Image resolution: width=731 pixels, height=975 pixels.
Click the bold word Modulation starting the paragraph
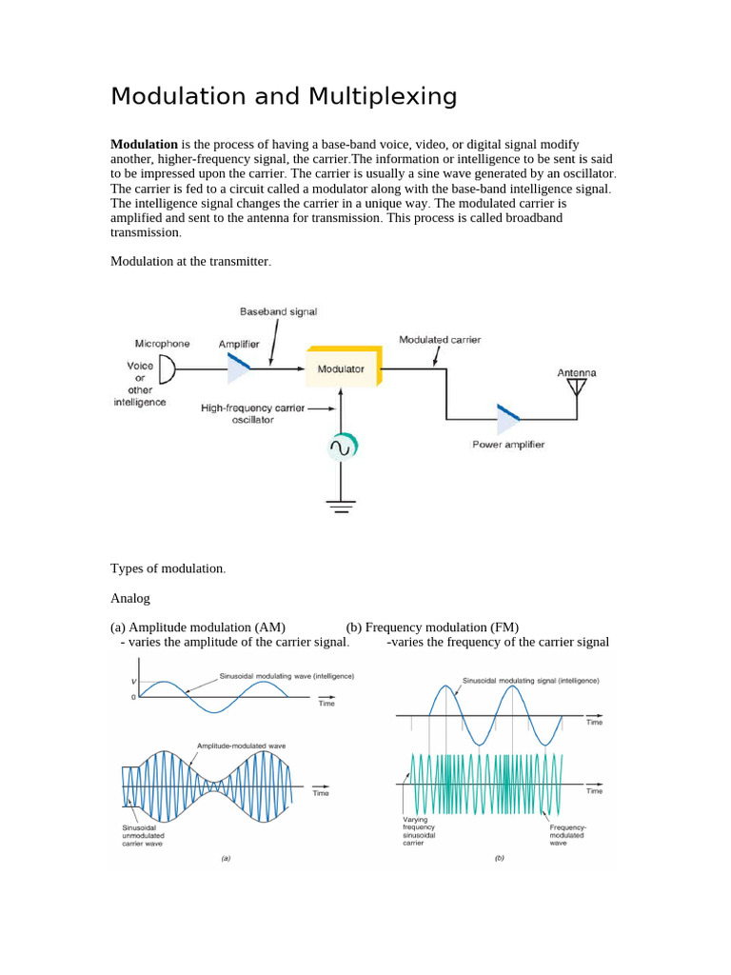pos(145,144)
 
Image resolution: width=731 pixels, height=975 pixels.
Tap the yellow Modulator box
pos(343,368)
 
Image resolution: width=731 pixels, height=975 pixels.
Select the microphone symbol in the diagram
pos(166,368)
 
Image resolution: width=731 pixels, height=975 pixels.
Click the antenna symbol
pos(576,388)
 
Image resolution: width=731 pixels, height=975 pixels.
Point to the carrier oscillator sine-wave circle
pos(341,446)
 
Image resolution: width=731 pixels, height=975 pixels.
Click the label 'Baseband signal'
pos(278,311)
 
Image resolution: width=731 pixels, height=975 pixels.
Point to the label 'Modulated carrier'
pos(440,339)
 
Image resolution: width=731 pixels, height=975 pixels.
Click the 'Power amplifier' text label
pos(508,445)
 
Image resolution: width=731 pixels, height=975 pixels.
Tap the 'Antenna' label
pos(576,373)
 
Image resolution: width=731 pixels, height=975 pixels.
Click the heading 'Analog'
pos(130,599)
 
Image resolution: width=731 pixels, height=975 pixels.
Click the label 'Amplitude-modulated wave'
pos(242,746)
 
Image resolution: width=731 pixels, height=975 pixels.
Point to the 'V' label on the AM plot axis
pos(133,682)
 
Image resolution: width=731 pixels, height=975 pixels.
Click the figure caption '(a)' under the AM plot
pos(226,858)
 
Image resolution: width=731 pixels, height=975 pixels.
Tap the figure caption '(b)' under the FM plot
pos(500,858)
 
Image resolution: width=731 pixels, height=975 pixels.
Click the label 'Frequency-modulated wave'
pos(568,835)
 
